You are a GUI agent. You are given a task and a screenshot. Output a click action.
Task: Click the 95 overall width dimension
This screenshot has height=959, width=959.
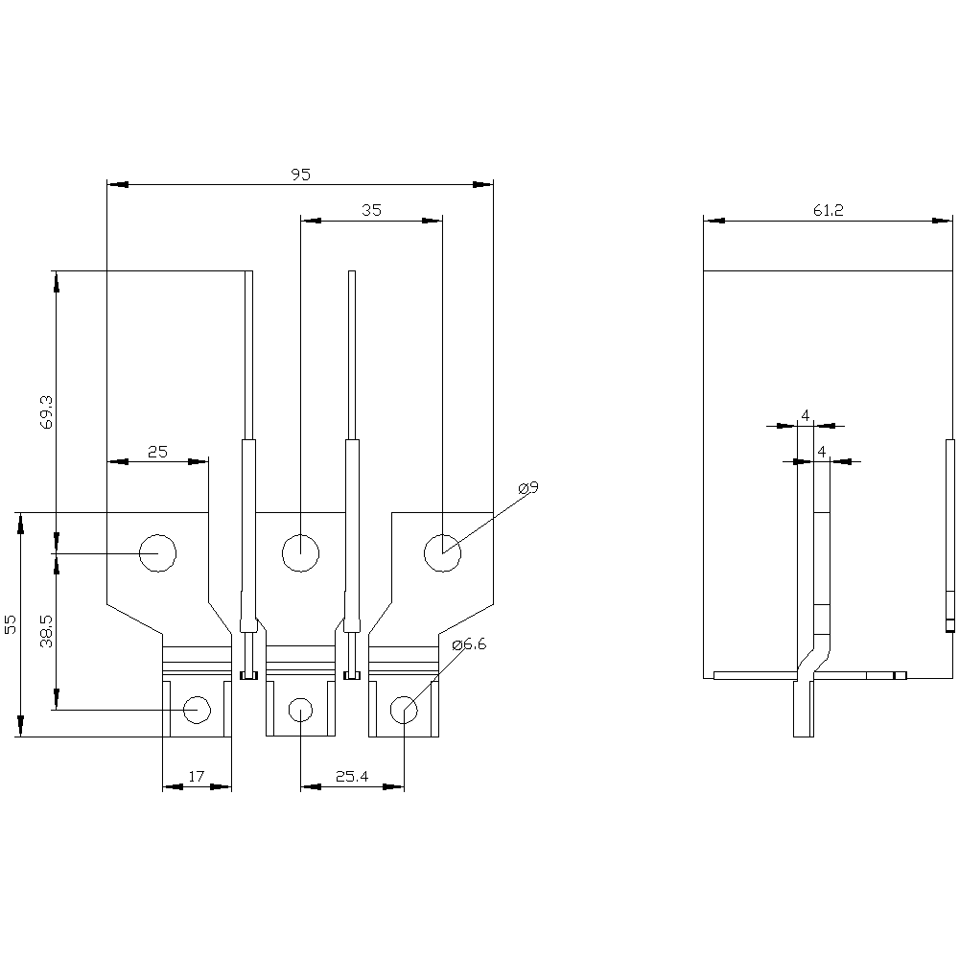(x=300, y=175)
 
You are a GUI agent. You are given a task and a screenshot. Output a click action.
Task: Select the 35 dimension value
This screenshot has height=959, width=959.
(x=371, y=210)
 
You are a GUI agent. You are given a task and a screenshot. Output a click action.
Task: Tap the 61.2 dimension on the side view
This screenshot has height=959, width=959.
(x=829, y=210)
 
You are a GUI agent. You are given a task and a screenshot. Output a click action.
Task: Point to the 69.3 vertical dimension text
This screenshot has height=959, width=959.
(x=47, y=411)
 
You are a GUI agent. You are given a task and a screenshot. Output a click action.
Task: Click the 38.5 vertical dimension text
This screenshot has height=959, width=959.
(x=47, y=631)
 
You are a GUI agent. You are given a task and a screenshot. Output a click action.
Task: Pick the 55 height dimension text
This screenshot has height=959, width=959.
(x=11, y=625)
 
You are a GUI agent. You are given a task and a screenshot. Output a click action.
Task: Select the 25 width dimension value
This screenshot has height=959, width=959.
(x=157, y=452)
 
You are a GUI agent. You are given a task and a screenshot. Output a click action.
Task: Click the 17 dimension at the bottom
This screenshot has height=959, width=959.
(x=196, y=777)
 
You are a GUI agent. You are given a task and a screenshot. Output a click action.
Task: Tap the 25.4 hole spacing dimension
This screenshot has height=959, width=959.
(x=352, y=777)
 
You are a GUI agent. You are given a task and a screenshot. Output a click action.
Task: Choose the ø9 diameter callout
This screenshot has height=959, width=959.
(x=527, y=488)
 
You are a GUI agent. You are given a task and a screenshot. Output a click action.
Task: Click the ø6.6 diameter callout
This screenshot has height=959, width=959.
(x=469, y=644)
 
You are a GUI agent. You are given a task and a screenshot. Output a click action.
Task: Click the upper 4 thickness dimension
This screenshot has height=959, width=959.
(x=805, y=416)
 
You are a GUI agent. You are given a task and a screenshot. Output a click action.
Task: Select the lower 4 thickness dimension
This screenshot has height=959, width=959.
(x=822, y=452)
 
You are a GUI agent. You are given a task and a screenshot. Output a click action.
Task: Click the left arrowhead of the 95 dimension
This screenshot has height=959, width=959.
(x=117, y=184)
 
